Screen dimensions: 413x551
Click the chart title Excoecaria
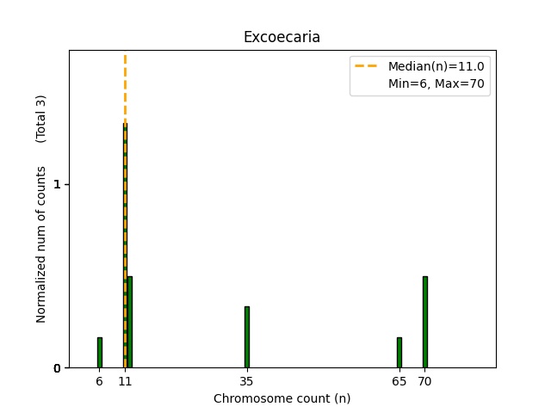(282, 37)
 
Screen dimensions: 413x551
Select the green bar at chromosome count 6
(99, 353)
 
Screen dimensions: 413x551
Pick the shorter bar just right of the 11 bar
(130, 323)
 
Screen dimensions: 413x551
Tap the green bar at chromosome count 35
(247, 337)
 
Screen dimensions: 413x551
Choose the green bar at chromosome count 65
(399, 353)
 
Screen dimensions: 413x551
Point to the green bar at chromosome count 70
(424, 323)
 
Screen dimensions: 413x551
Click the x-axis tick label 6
(99, 381)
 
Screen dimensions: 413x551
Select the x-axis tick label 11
(125, 381)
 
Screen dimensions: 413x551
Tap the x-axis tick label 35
(247, 381)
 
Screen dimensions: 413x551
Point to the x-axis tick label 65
(399, 381)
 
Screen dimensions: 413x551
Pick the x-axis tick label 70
(424, 381)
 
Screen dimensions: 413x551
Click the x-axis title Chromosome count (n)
(282, 398)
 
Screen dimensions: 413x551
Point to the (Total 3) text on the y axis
(41, 118)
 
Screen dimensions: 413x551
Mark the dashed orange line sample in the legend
(366, 66)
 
